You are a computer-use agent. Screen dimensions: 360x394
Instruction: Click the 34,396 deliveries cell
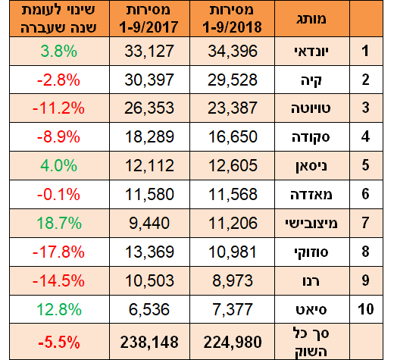[232, 52]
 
